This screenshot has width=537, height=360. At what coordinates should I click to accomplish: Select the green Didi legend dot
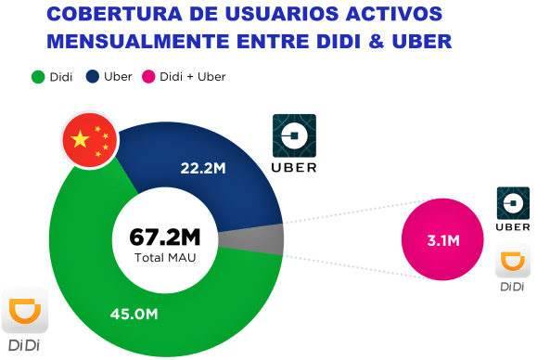39,77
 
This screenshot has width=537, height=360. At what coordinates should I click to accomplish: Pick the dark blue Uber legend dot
94,77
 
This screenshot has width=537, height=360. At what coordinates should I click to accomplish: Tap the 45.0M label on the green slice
134,314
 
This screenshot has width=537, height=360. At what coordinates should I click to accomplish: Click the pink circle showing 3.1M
442,241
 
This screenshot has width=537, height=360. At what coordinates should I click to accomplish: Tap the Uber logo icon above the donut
293,136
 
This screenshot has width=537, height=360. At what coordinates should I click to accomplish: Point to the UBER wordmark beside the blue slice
293,168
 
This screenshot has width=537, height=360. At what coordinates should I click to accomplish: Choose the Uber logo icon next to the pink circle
513,202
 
